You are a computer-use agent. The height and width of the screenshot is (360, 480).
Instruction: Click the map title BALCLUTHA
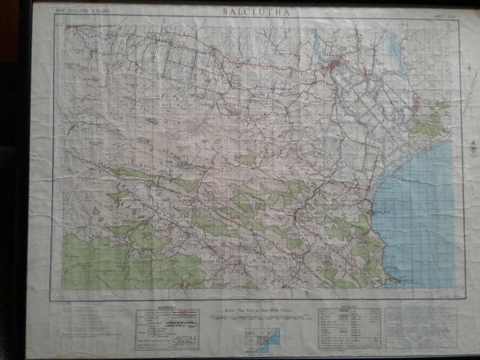(x=256, y=11)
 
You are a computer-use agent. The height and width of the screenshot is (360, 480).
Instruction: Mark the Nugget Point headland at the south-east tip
(x=395, y=280)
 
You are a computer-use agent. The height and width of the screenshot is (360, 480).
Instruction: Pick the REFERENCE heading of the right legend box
(x=349, y=310)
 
